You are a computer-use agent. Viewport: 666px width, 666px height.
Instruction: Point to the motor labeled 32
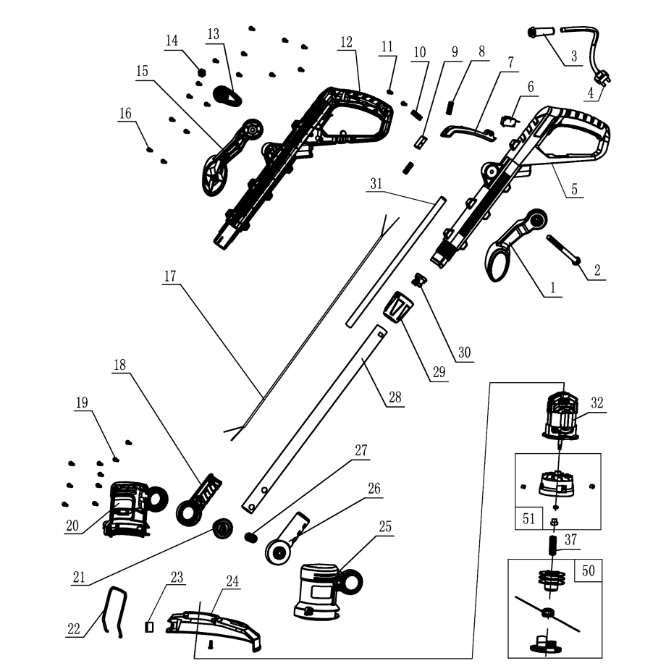[x=561, y=416]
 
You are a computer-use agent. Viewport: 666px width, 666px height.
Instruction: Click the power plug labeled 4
[x=599, y=75]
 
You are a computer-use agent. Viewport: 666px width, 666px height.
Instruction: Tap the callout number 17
[x=171, y=276]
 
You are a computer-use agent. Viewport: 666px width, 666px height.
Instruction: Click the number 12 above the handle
[x=346, y=41]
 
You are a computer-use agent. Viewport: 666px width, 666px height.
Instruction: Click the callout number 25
[x=384, y=526]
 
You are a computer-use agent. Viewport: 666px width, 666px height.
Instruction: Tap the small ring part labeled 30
[x=418, y=280]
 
